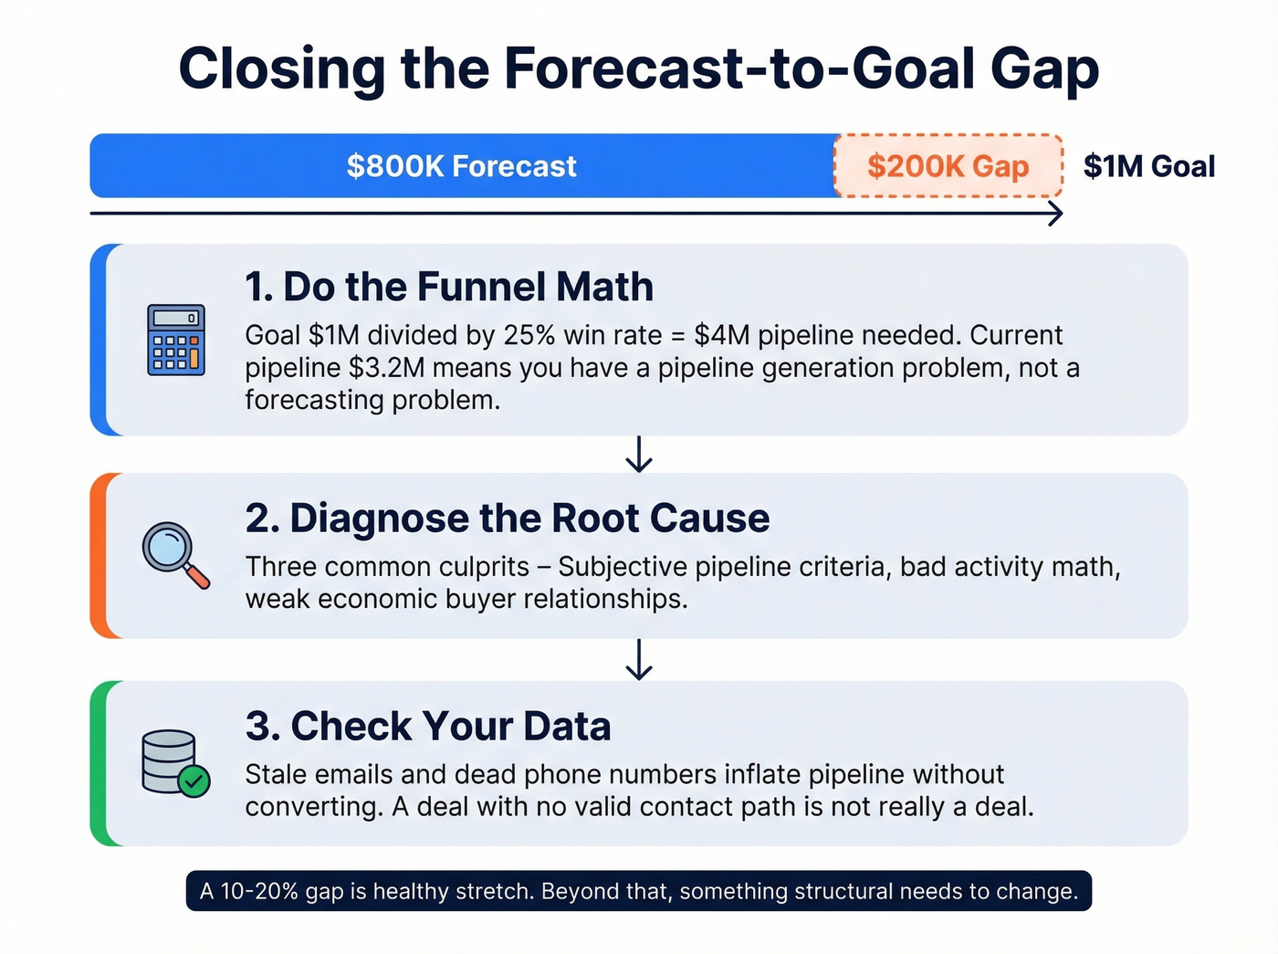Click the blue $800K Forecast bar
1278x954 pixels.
pyautogui.click(x=462, y=166)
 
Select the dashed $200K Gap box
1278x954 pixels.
pyautogui.click(x=948, y=166)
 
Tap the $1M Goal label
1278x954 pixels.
pyautogui.click(x=1148, y=166)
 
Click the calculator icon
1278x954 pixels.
pyautogui.click(x=176, y=341)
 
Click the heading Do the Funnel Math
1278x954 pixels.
pyautogui.click(x=449, y=287)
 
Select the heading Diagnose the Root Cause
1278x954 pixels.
pyautogui.click(x=508, y=519)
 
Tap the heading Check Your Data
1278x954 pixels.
pyautogui.click(x=428, y=727)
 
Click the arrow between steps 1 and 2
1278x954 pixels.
pyautogui.click(x=639, y=454)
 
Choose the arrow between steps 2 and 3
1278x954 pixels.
pyautogui.click(x=639, y=659)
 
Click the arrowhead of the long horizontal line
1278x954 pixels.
pyautogui.click(x=1055, y=214)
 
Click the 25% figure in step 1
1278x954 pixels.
pyautogui.click(x=529, y=335)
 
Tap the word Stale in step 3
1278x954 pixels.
pyautogui.click(x=278, y=774)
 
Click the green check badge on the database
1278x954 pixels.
pyautogui.click(x=194, y=781)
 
